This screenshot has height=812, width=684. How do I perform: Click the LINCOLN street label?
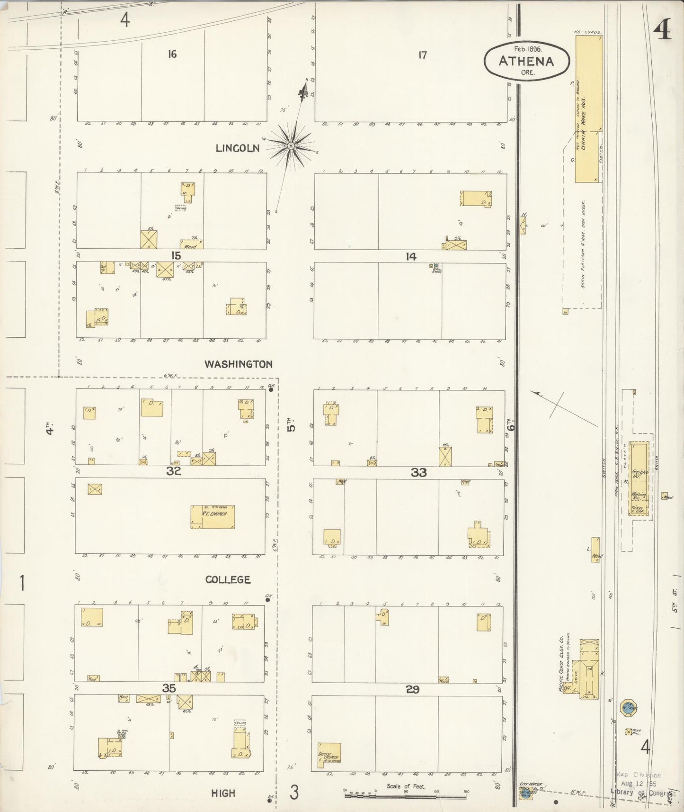tap(237, 148)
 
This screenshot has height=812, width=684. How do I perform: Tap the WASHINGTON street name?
tap(238, 364)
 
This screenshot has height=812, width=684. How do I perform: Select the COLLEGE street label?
tap(228, 579)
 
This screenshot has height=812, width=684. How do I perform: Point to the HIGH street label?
tap(223, 793)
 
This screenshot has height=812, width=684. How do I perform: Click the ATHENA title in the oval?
tap(526, 61)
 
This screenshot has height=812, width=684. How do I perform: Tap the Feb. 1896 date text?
tap(527, 48)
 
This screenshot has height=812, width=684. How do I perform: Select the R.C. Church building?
tap(213, 516)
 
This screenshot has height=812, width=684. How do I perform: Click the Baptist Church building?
tap(329, 755)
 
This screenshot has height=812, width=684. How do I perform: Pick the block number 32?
tap(174, 471)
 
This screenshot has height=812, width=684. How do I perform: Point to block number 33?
tap(418, 472)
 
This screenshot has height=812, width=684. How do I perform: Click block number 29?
tap(412, 689)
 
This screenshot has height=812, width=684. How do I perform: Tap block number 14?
tap(410, 256)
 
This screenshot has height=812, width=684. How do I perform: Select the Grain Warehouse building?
tap(588, 109)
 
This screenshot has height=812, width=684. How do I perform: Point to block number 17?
tap(422, 55)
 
